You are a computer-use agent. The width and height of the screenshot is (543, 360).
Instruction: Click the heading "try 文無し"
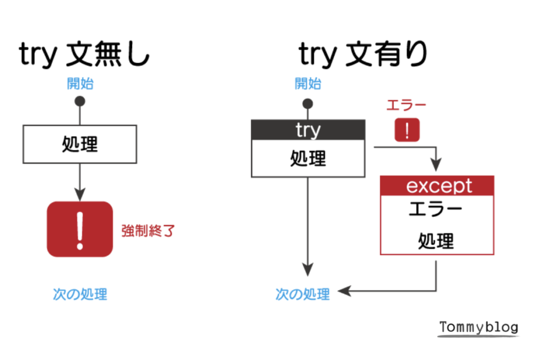coord(84,56)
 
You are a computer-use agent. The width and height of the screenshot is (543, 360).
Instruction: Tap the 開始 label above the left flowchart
coord(80,84)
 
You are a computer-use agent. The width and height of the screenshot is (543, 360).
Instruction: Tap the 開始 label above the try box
coord(308,84)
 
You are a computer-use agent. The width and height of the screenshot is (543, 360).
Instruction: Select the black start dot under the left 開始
coord(80,102)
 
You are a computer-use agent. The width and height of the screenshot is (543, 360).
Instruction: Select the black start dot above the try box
coord(308,103)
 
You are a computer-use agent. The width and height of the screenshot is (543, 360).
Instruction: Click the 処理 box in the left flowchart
coord(80,144)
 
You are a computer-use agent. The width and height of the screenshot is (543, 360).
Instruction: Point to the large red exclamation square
coord(80,230)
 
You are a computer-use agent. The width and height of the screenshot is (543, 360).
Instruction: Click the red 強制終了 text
coord(148,231)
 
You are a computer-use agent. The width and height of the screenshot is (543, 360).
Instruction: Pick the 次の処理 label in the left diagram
coord(80,294)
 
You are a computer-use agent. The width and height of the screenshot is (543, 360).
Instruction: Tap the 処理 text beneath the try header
coord(308,158)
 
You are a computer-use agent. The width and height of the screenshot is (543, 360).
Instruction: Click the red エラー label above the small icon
coord(407,105)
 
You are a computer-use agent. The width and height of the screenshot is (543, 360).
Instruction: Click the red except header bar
coord(437,186)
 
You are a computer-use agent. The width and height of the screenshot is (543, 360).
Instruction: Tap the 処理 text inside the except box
coord(436,241)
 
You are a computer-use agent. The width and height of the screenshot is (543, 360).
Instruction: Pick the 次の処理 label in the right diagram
coord(303,294)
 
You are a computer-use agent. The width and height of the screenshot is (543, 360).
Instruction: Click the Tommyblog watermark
coord(479,328)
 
